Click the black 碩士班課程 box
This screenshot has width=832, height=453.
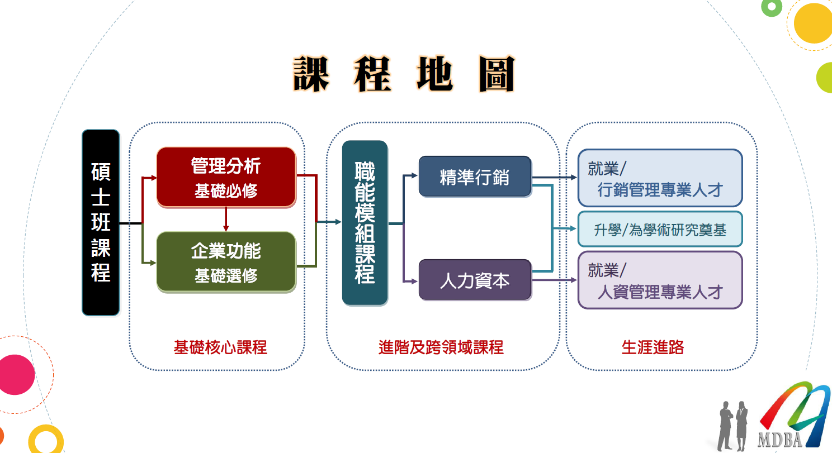click(x=101, y=222)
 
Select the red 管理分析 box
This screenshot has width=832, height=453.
click(x=226, y=177)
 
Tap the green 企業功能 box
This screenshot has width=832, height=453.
click(x=226, y=261)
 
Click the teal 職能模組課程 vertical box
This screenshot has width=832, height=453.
click(x=365, y=222)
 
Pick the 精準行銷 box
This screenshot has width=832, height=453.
click(x=475, y=177)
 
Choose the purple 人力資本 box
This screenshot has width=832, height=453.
click(x=475, y=280)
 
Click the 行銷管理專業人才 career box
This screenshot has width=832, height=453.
click(x=660, y=178)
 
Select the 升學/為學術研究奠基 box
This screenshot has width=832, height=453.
click(x=660, y=229)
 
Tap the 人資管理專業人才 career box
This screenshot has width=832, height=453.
click(x=660, y=280)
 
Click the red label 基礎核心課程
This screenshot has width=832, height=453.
click(x=220, y=347)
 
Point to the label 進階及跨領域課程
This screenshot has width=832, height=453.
click(x=441, y=347)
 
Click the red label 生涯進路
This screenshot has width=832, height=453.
click(x=653, y=347)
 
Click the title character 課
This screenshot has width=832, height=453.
click(x=311, y=74)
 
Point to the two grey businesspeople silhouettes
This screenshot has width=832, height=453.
click(x=733, y=425)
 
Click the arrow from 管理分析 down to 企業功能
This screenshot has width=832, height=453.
click(x=226, y=220)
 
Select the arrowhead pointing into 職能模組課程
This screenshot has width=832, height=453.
click(x=337, y=222)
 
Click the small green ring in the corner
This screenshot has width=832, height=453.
click(x=772, y=7)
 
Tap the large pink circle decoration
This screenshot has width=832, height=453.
click(x=15, y=374)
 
